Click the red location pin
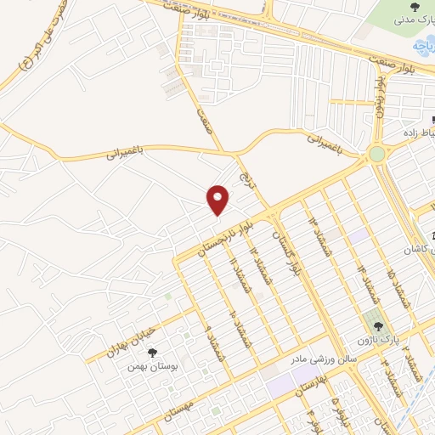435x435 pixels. click(218, 200)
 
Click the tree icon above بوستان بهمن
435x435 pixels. click(153, 353)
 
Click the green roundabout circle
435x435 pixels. click(376, 155)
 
